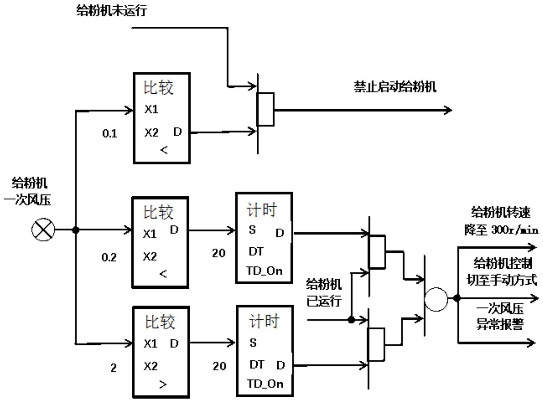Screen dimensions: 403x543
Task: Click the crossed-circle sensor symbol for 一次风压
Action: coord(43,230)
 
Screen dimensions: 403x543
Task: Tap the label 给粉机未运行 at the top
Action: coord(111,10)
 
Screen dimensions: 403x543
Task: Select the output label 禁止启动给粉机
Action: coord(395,87)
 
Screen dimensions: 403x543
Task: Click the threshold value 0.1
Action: coord(110,133)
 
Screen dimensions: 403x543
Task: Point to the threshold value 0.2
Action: coord(109,257)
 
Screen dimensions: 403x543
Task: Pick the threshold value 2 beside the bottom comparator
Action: coord(114,368)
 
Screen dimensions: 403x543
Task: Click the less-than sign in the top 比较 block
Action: coord(164,150)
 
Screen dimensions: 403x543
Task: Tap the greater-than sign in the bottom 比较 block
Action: coord(163,384)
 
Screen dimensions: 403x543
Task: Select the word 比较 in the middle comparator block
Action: coord(158,212)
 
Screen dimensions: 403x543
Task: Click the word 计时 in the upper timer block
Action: coord(261,210)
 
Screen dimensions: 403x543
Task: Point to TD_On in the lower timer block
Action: coord(265,384)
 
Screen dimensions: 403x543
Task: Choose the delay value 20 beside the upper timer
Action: coord(219,253)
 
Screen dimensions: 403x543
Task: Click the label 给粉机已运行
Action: coord(324,292)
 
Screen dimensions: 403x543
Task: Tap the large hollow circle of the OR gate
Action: coord(436,299)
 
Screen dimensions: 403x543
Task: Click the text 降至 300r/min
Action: coord(501,230)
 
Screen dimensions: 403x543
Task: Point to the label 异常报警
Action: coord(500,324)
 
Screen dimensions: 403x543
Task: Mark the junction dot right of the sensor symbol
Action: coord(76,230)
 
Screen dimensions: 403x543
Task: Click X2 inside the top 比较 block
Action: coord(151,133)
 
